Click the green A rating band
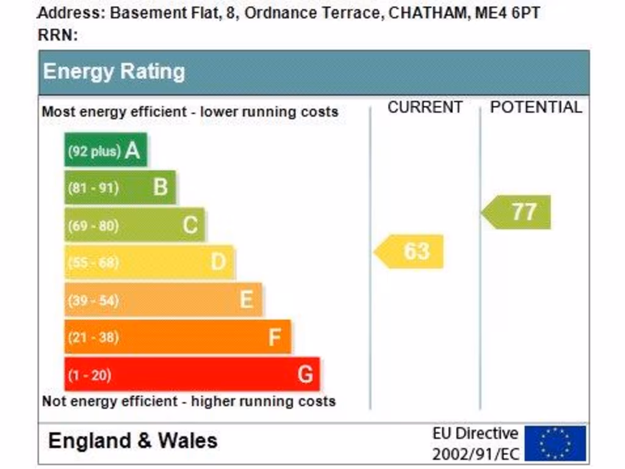pos(106,150)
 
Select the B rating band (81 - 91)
pos(120,187)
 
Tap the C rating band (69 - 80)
pos(134,225)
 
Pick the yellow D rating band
pos(149,262)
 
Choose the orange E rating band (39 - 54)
pos(163,299)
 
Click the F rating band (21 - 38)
pos(178,336)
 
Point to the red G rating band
pos(192,374)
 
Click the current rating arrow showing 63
pos(410,251)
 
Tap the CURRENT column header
pos(425,107)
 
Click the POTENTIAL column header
pos(536,107)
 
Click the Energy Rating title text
pos(114,71)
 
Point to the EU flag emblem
pos(555,443)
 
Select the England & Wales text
pos(132,440)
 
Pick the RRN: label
pos(58,35)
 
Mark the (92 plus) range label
pos(94,151)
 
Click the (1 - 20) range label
pos(89,375)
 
